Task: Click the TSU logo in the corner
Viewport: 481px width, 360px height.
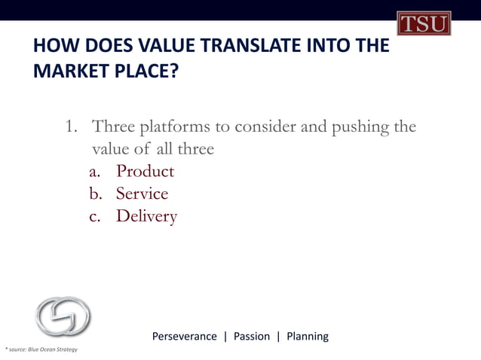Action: (x=424, y=23)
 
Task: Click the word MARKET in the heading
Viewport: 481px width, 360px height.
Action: (x=67, y=74)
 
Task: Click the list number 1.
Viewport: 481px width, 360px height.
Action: (x=71, y=127)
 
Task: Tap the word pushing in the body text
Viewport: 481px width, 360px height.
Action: (x=354, y=127)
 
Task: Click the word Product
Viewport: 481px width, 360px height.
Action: (x=145, y=172)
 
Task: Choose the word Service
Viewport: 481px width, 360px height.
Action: (x=142, y=194)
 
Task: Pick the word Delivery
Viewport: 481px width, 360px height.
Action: (x=146, y=217)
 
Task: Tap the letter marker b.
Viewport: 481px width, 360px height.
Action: (x=96, y=194)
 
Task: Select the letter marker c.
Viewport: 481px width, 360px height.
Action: (x=96, y=217)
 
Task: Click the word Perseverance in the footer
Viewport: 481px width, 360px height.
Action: (x=184, y=336)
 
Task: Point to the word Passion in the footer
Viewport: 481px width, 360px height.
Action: (x=251, y=336)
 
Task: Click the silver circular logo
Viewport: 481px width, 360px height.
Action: (x=63, y=316)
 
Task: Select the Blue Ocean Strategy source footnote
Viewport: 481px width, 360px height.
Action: (x=41, y=349)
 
